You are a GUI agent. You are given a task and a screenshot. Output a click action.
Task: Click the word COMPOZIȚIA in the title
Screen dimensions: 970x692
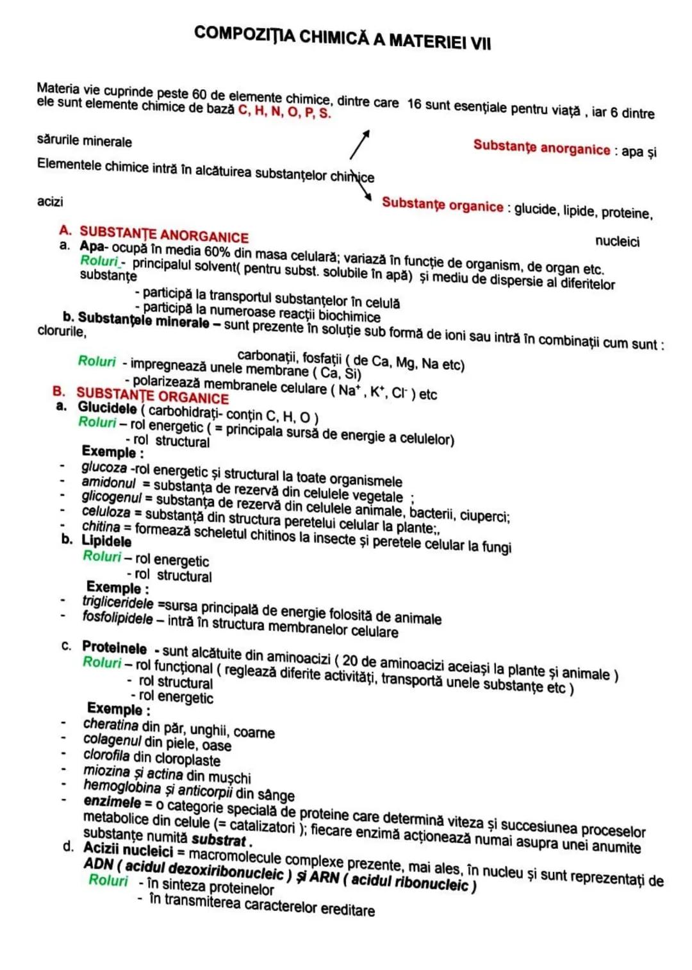pos(244,34)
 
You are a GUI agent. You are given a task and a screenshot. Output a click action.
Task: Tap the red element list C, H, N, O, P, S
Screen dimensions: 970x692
pos(284,112)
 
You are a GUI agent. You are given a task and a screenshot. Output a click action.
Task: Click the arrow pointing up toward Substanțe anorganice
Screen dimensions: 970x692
pos(360,144)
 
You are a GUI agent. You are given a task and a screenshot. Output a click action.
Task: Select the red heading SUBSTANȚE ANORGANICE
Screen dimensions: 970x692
pos(163,235)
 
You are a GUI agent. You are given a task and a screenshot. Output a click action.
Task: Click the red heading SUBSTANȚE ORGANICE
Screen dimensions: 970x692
pos(152,395)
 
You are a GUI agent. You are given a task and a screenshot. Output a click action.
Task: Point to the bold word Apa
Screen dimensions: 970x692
pos(92,246)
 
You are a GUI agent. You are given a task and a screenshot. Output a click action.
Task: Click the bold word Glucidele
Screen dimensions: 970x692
pos(107,408)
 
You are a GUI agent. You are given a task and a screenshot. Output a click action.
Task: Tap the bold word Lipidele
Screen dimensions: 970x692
pos(106,541)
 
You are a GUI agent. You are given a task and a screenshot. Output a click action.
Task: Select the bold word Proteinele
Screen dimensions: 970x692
pos(114,648)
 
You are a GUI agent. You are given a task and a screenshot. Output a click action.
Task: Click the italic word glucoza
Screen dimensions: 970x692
pos(104,468)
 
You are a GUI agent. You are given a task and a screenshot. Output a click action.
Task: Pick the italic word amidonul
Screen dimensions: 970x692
pos(108,482)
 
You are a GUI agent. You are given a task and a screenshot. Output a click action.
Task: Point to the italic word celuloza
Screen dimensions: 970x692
pos(106,512)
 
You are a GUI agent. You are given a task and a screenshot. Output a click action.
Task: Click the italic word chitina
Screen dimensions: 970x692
pos(101,526)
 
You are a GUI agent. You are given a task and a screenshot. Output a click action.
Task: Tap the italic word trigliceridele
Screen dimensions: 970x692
pos(118,602)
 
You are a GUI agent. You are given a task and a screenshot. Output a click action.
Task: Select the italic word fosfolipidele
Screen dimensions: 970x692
pos(118,617)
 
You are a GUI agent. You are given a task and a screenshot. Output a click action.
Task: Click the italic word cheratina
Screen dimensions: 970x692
pos(110,724)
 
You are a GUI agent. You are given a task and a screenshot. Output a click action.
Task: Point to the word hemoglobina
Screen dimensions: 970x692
pos(122,787)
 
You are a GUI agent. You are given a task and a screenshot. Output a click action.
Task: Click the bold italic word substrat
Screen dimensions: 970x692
pos(219,839)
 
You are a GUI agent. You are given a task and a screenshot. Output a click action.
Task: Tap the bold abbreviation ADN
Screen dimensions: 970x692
pos(98,864)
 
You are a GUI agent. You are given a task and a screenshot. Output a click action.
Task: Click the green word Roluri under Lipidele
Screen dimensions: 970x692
pos(102,556)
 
